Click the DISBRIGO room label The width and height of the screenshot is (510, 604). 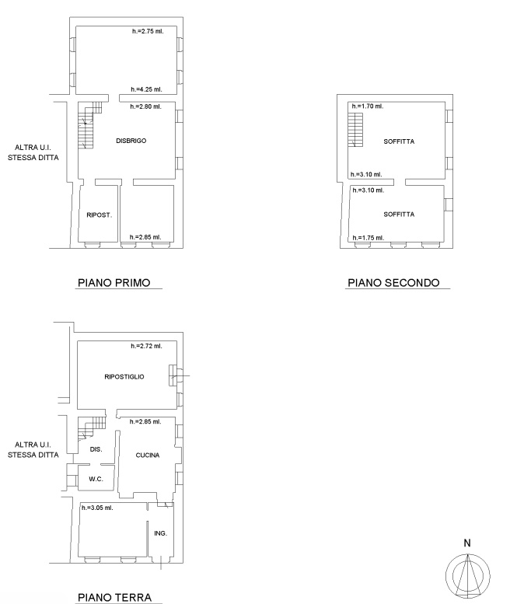click(x=131, y=141)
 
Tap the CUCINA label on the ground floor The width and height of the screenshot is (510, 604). click(x=148, y=456)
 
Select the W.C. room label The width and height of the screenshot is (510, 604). click(x=96, y=479)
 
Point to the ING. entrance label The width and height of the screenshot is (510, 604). click(x=161, y=533)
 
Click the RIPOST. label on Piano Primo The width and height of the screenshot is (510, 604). click(x=99, y=215)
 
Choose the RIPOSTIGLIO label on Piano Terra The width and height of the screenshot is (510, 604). click(x=124, y=377)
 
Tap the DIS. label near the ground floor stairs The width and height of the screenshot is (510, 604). click(x=96, y=449)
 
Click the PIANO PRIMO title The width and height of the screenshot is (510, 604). click(x=114, y=283)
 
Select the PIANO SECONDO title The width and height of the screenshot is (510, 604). click(x=393, y=283)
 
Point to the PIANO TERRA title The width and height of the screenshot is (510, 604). click(x=114, y=598)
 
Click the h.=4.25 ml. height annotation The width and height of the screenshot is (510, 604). click(x=146, y=89)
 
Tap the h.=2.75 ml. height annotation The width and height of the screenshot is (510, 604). click(x=148, y=31)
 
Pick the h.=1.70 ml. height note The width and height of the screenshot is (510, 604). click(x=368, y=106)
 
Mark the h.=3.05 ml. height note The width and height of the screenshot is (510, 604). click(x=97, y=508)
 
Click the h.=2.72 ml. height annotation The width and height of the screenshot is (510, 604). click(x=146, y=346)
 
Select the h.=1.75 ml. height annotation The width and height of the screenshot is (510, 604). click(x=369, y=238)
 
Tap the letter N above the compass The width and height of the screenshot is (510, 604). click(x=467, y=543)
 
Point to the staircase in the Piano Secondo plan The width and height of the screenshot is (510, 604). click(x=355, y=130)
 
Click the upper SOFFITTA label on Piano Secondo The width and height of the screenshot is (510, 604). click(x=399, y=141)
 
